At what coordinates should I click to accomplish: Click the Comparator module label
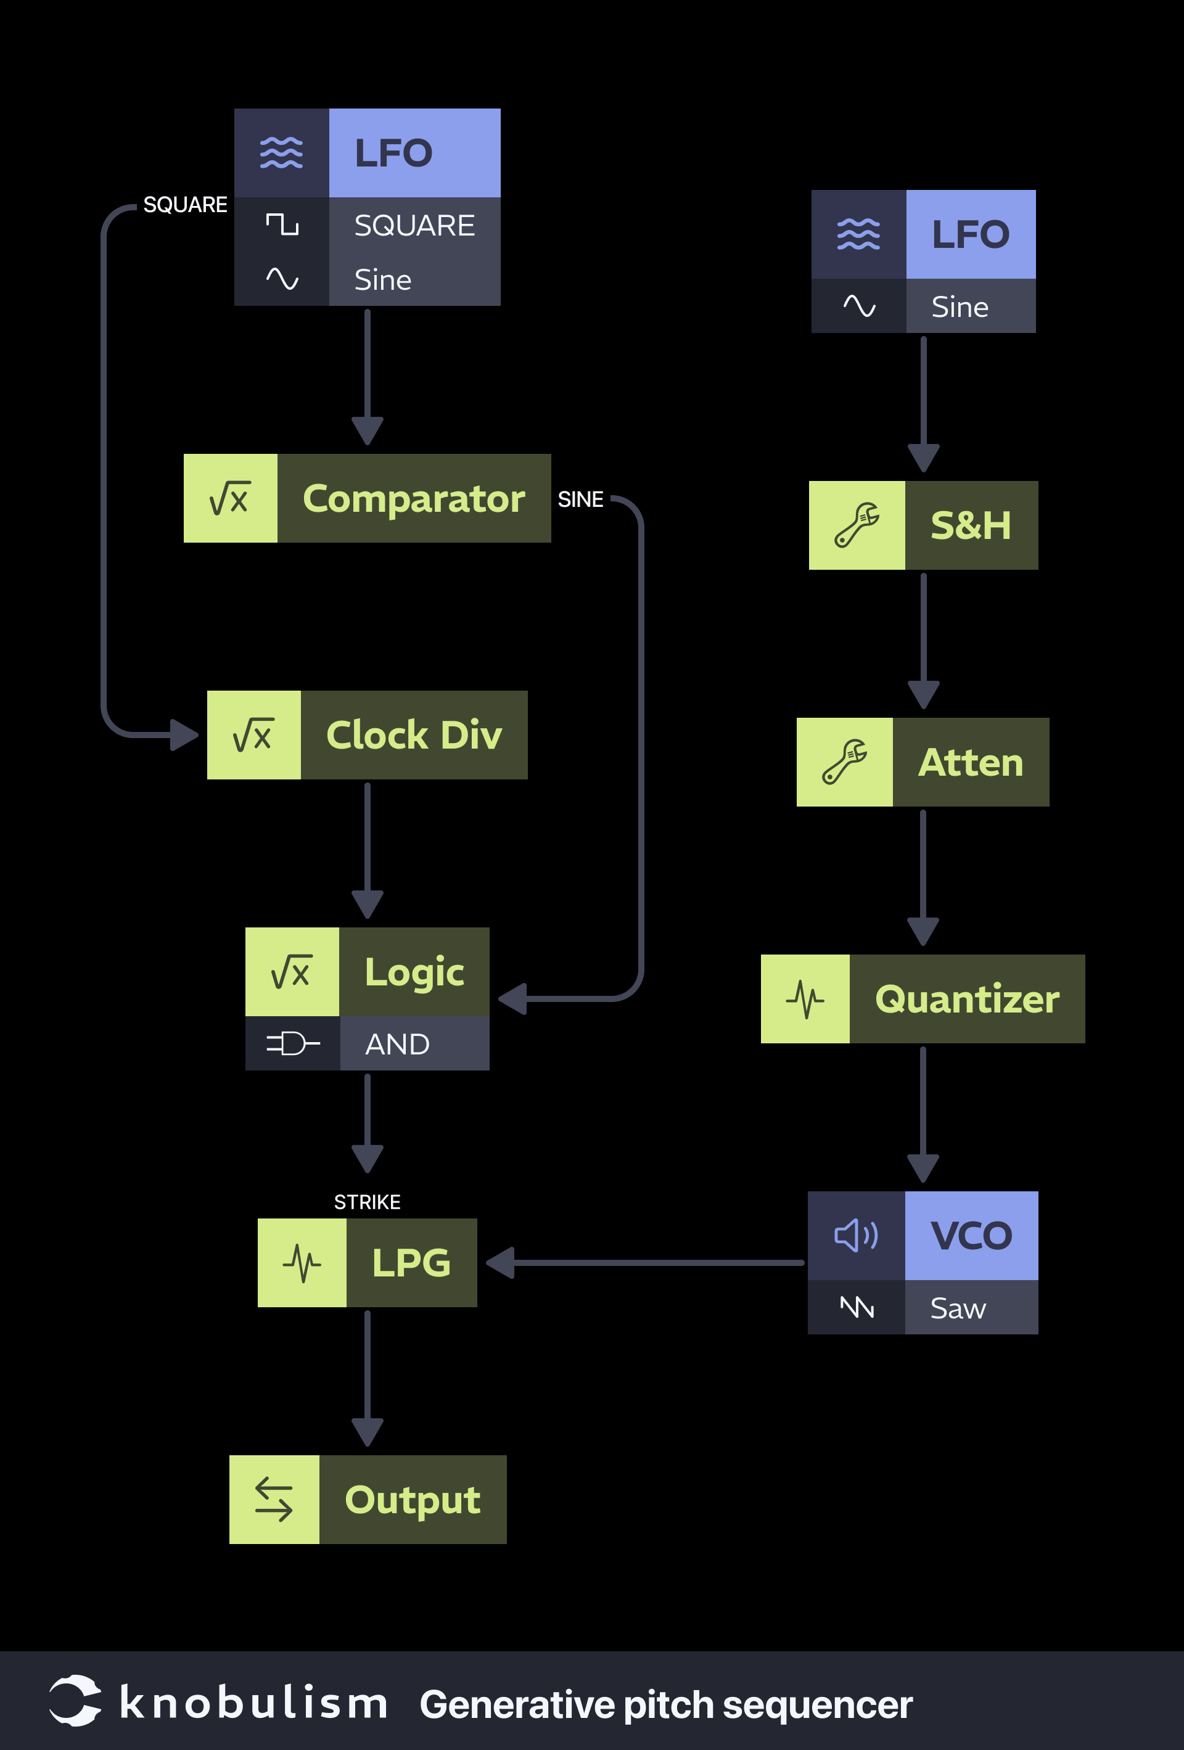point(414,498)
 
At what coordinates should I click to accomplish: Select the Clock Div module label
point(414,735)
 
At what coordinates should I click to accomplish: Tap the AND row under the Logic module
point(398,1044)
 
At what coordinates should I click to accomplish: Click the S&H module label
point(970,525)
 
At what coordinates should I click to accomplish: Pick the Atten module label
point(970,762)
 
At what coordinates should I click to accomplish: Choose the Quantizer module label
point(967,999)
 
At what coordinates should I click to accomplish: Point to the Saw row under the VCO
point(958,1308)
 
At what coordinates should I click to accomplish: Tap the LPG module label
point(411,1263)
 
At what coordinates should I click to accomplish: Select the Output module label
point(412,1499)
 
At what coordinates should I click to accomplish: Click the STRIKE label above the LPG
point(367,1202)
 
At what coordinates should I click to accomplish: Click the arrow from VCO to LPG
point(647,1263)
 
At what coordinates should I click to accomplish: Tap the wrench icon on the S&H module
point(857,525)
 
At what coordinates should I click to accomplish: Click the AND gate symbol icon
point(292,1044)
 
